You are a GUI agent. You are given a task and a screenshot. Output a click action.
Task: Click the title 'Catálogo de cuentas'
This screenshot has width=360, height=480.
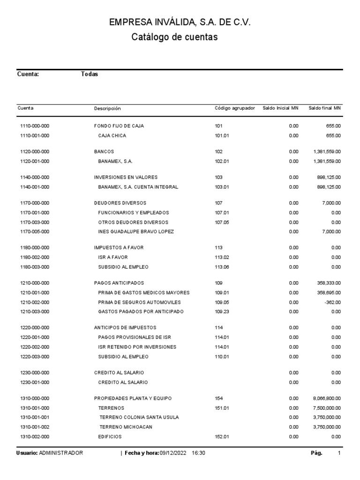(174, 37)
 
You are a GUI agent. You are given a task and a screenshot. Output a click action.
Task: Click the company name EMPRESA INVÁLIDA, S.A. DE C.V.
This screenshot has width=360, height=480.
(180, 22)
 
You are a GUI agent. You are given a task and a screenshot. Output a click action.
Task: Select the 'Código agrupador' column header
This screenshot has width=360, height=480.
(234, 108)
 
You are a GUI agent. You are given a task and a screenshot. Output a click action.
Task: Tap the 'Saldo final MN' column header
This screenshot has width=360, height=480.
(324, 108)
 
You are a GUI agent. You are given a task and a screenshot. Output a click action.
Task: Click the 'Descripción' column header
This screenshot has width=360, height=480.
(107, 108)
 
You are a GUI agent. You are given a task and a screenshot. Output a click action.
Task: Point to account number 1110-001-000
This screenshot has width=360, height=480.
(35, 135)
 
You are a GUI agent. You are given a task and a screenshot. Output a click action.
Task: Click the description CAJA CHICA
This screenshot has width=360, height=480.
(112, 135)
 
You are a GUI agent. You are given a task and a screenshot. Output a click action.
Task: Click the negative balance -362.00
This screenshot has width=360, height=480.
(331, 302)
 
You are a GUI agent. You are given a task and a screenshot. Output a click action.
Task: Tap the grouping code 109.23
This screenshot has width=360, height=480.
(222, 312)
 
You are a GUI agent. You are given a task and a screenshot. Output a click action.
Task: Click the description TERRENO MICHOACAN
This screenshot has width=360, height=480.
(126, 427)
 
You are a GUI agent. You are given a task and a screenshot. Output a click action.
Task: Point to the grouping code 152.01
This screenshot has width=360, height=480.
(222, 436)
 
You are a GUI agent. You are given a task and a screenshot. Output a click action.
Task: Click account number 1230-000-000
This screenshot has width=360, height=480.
(35, 373)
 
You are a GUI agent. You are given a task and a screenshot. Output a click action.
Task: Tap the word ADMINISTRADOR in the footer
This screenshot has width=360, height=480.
(61, 453)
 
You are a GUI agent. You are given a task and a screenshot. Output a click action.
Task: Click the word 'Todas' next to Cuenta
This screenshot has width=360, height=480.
(90, 74)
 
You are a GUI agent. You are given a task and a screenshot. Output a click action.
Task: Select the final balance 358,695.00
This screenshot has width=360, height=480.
(328, 292)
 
